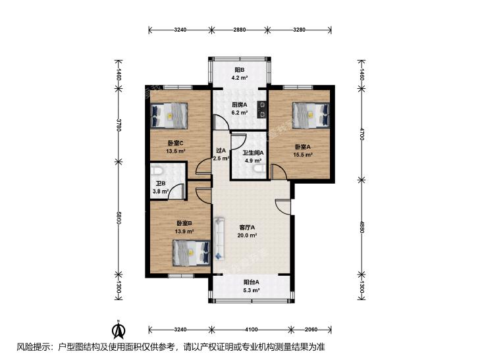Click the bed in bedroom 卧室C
point(169,115)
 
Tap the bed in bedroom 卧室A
point(311,115)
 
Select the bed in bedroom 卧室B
point(192,253)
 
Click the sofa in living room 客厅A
point(219,238)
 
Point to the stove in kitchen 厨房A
point(262,109)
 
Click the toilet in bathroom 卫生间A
point(260,169)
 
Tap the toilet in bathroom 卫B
point(156,169)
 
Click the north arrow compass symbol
point(119,328)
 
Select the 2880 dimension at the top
point(240,30)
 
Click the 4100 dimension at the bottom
point(251,330)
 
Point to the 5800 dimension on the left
point(119,218)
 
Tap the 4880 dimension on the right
point(361,227)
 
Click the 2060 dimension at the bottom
point(311,330)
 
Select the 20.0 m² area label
point(247,236)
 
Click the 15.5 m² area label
point(303,155)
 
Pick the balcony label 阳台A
point(252,282)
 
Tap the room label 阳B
point(240,70)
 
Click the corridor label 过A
point(221,151)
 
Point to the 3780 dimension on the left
point(119,125)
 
